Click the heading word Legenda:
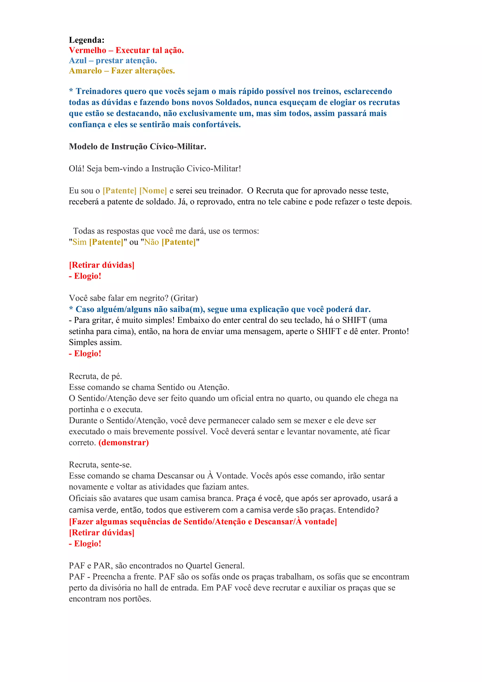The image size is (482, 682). point(86,40)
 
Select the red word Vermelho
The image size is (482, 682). point(87,50)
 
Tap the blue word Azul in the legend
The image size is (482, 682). point(77,61)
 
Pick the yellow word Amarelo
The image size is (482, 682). point(85,71)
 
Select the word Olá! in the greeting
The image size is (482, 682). point(76,169)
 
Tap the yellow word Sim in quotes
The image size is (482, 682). point(79,242)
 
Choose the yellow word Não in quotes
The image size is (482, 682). point(151,242)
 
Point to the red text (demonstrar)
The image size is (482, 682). point(124,443)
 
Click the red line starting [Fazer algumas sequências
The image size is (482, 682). point(203,522)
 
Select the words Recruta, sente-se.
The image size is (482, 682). point(100,465)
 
